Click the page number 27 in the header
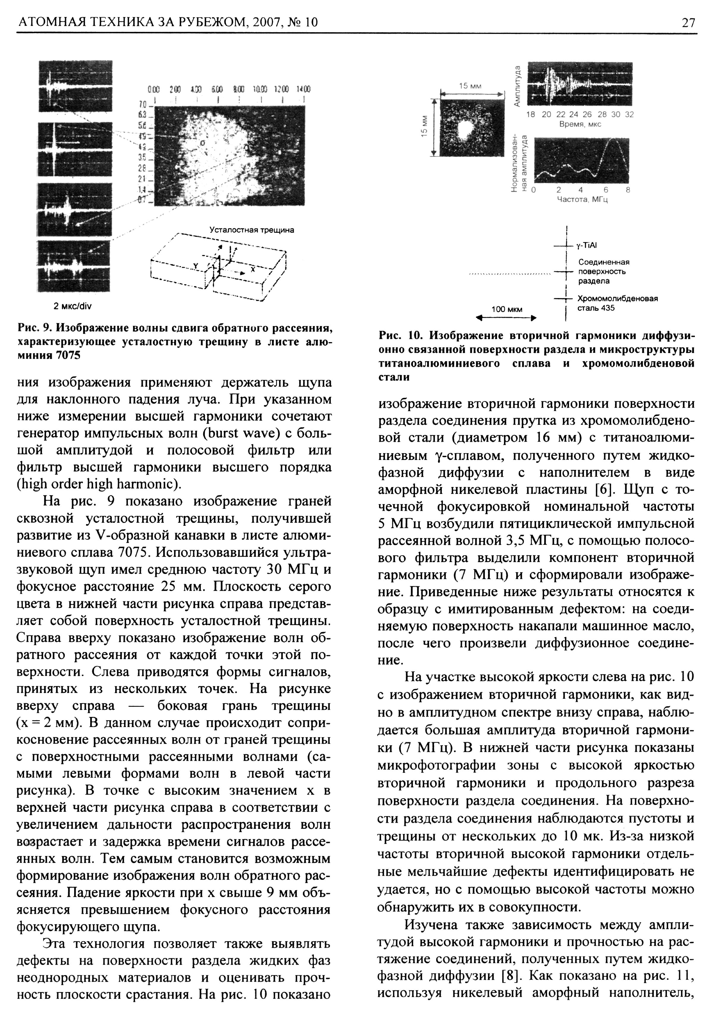pyautogui.click(x=688, y=22)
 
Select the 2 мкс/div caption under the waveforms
pyautogui.click(x=72, y=307)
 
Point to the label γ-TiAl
pyautogui.click(x=586, y=246)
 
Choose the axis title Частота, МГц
pyautogui.click(x=582, y=199)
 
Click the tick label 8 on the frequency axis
pyautogui.click(x=628, y=190)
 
